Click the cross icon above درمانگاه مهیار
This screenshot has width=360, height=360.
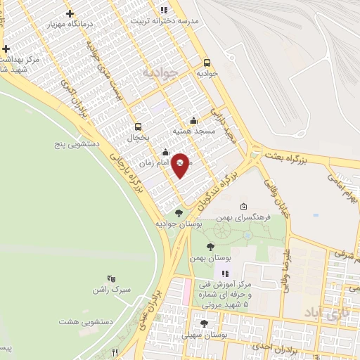69,13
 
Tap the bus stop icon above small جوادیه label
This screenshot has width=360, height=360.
207,62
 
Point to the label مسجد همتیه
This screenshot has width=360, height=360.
195,131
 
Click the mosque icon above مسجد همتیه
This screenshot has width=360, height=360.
194,121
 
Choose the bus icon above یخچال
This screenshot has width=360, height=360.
138,127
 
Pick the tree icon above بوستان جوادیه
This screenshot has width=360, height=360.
179,212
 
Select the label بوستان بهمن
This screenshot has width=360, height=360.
210,258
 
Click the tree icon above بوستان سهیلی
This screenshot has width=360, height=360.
204,324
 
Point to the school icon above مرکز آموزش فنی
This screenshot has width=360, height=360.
225,274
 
